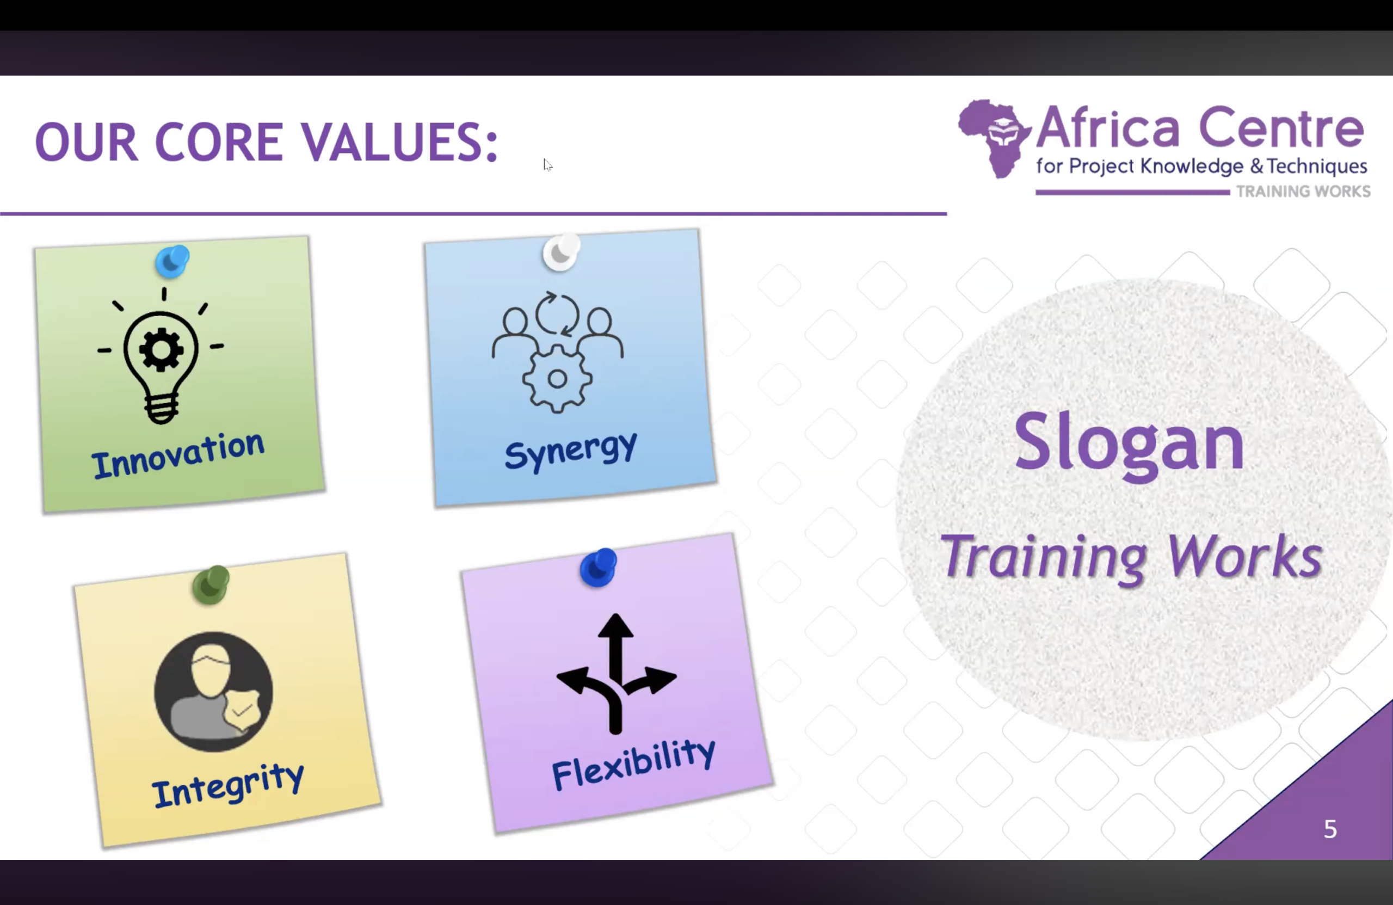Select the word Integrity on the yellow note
pos(228,786)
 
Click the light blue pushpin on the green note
pos(172,261)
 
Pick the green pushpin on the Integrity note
pos(211,584)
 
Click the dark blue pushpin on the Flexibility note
pos(598,567)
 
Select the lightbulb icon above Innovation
pos(161,356)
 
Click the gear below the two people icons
pos(557,379)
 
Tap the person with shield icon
pos(213,691)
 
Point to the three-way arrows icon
pos(616,673)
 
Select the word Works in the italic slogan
pos(1245,556)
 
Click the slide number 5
pos(1330,829)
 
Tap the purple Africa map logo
pos(994,138)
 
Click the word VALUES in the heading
pos(399,141)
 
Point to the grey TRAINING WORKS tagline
pos(1303,192)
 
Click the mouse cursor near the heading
pos(547,164)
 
